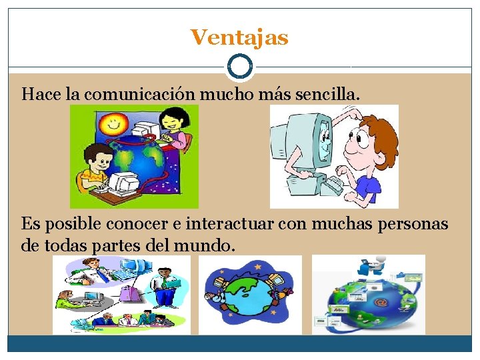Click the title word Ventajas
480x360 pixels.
click(239, 37)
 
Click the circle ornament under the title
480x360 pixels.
click(239, 66)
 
